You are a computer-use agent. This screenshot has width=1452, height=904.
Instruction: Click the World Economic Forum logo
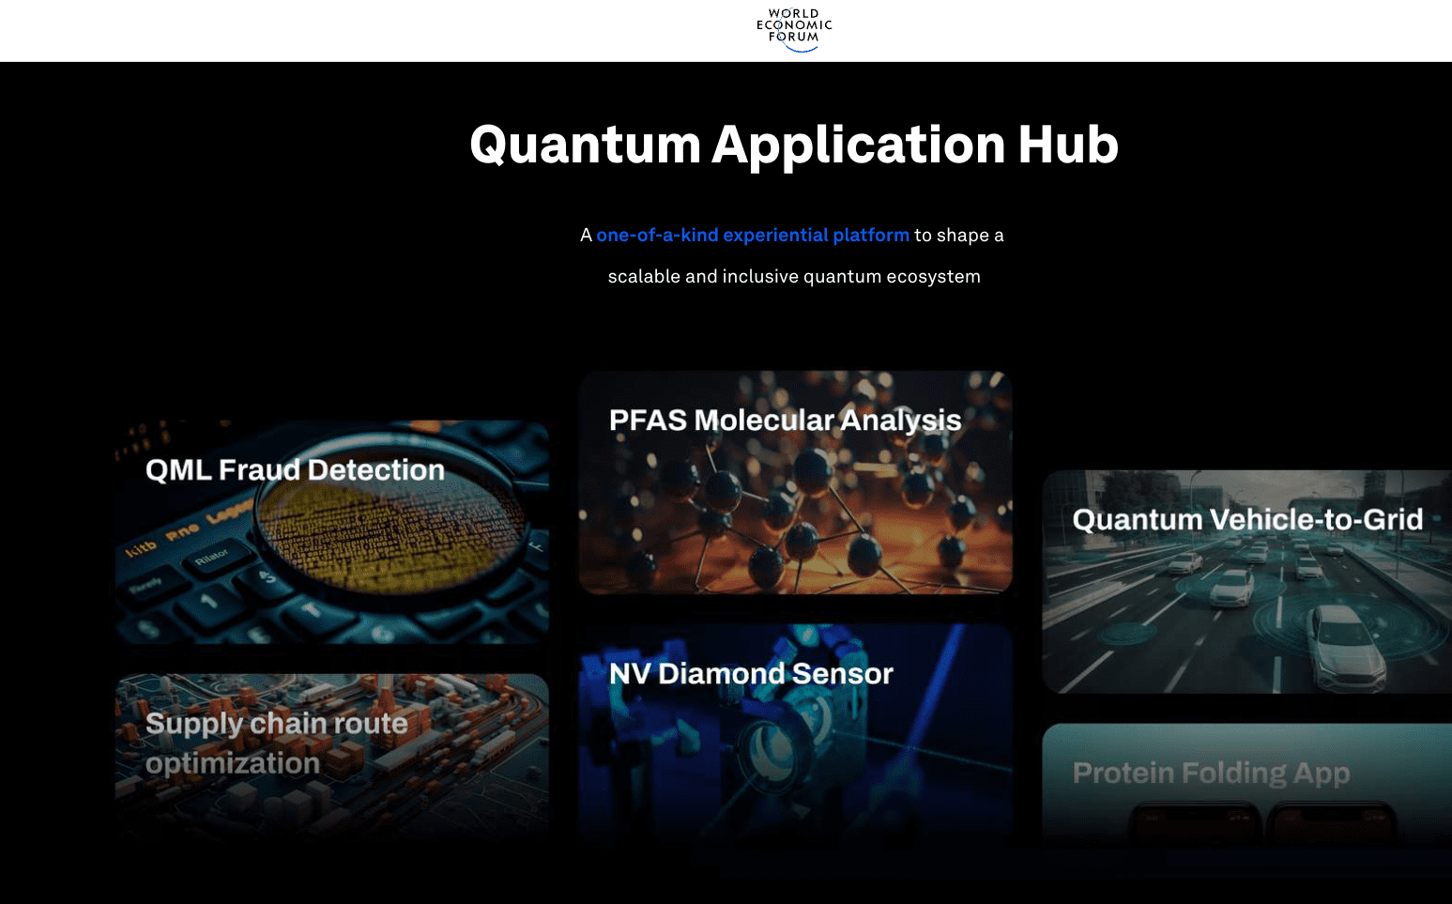[x=794, y=29]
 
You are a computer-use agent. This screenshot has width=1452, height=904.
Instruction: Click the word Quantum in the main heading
[x=585, y=146]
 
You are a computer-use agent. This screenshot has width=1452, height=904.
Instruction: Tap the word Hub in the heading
[x=1067, y=146]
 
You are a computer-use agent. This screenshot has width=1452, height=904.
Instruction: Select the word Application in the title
[x=858, y=146]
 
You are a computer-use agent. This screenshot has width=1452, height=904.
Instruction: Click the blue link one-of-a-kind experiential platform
[x=752, y=236]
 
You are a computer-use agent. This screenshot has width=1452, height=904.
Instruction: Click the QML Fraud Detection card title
[x=295, y=470]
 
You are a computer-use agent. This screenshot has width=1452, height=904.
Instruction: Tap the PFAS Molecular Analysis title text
[x=785, y=421]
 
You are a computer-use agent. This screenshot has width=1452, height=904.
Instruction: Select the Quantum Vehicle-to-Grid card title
[x=1246, y=520]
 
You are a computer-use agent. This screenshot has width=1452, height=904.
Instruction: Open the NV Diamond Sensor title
[x=751, y=674]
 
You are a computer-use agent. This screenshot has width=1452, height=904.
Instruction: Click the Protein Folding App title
[x=1211, y=774]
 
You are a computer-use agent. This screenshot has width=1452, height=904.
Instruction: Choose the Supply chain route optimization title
[x=276, y=743]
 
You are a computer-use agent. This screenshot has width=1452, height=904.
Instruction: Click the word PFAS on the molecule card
[x=648, y=421]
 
